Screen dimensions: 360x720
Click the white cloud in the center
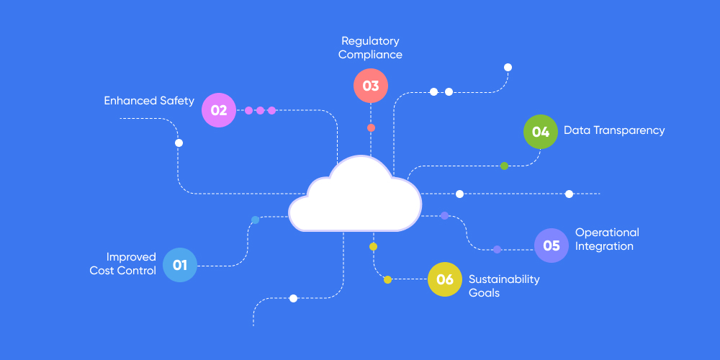pos(354,198)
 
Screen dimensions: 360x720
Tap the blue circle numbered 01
pos(180,265)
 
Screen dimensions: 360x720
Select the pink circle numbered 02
pos(219,110)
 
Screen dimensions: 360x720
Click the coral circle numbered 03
pos(371,86)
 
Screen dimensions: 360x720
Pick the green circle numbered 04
pos(541,132)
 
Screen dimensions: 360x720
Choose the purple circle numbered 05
pos(552,246)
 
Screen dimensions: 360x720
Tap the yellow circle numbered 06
pos(445,279)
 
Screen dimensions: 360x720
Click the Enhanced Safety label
pos(149,101)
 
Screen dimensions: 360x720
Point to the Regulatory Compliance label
pos(370,48)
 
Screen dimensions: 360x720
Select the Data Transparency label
pos(614,130)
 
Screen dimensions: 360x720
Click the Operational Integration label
pos(607,239)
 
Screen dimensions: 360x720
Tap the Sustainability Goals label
pos(504,286)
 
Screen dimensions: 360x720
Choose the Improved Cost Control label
pos(123,264)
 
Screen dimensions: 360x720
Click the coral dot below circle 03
pos(371,127)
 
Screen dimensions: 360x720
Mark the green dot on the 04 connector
pos(504,166)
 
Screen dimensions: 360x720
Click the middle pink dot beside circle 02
pos(260,110)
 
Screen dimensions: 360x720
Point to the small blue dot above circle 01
pos(255,220)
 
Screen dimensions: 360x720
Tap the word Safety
pos(177,101)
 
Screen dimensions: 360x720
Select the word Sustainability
pos(504,279)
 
